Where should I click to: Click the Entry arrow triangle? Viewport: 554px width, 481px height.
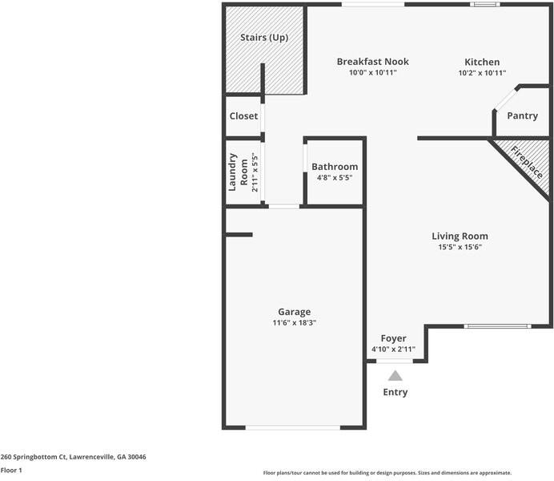(395, 375)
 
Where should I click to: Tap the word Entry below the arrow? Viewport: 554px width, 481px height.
(395, 392)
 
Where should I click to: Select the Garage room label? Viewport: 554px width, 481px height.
(294, 312)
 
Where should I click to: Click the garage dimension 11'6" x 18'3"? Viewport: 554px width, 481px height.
(294, 323)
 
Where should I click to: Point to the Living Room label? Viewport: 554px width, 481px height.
(460, 236)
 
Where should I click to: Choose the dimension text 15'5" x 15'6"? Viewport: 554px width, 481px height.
(460, 248)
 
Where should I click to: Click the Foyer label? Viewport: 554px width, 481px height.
(393, 338)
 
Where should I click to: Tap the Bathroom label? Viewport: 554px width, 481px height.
(335, 167)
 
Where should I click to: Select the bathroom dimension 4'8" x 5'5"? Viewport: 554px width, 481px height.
(335, 178)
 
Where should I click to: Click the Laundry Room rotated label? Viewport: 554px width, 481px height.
(239, 172)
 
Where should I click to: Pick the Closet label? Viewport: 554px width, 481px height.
(243, 116)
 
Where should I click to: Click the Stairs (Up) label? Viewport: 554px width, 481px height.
(264, 38)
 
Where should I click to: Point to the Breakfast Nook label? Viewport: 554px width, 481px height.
(372, 62)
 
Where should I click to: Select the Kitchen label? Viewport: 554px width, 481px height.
(482, 62)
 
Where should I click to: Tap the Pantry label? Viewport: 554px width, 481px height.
(522, 116)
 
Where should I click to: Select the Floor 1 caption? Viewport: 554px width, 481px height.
(11, 471)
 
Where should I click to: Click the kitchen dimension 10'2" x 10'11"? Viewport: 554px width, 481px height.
(482, 73)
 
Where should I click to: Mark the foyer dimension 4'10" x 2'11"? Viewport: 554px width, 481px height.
(393, 350)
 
